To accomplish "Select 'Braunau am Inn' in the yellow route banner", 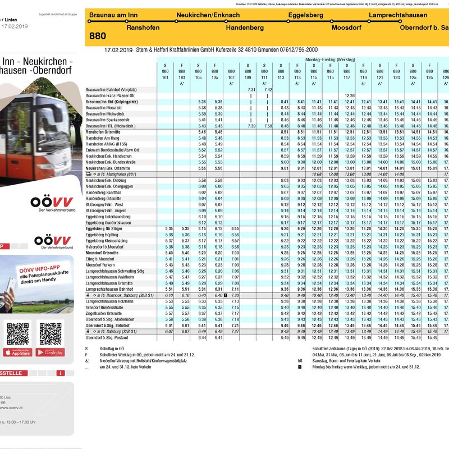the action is pos(113,15).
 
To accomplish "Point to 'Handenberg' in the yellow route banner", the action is pos(244,27).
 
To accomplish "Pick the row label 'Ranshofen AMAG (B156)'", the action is pos(105,144).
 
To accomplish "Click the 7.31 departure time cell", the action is pos(251,90).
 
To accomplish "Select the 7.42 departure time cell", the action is pos(268,90).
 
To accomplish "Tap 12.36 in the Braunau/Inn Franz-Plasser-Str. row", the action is pos(350,95).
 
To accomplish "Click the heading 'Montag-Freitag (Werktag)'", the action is pos(330,59).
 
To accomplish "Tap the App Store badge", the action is pos(18,352).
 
